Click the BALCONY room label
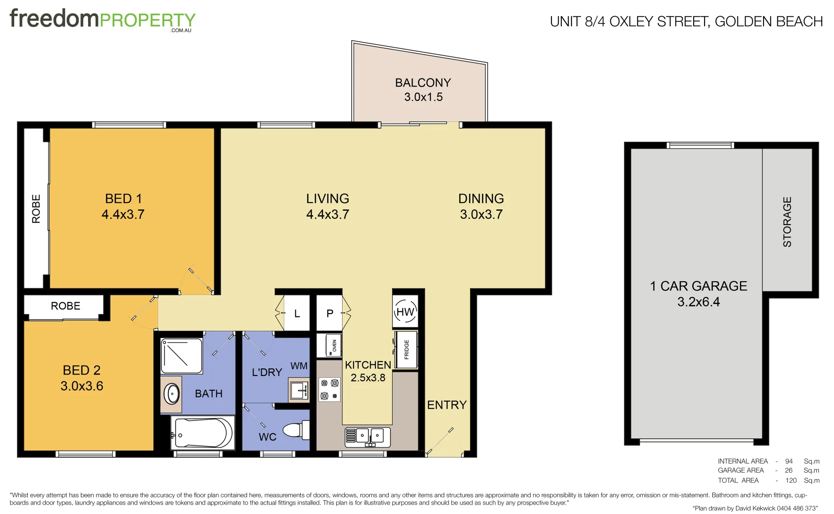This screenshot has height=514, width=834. tap(422, 83)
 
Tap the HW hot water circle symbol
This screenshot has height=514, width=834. tap(405, 312)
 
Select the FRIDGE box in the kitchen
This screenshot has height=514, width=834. tap(406, 350)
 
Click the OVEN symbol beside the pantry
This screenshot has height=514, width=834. tap(329, 346)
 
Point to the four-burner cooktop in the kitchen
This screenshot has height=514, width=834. tap(329, 389)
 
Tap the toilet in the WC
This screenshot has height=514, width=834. tap(296, 430)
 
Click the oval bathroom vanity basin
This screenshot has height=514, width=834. tap(171, 394)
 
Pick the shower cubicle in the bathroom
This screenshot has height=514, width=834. tap(181, 356)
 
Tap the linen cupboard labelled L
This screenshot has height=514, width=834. tap(297, 313)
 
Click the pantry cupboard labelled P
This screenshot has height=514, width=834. tap(330, 313)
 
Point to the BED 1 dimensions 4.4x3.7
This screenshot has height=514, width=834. tap(123, 215)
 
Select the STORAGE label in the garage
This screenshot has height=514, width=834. tap(787, 222)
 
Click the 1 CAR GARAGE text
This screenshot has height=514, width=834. tap(698, 286)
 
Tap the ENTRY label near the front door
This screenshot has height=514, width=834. tap(446, 405)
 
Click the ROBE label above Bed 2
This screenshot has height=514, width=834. tap(65, 306)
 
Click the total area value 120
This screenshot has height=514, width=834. tap(791, 480)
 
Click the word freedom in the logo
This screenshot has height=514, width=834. tap(54, 19)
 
